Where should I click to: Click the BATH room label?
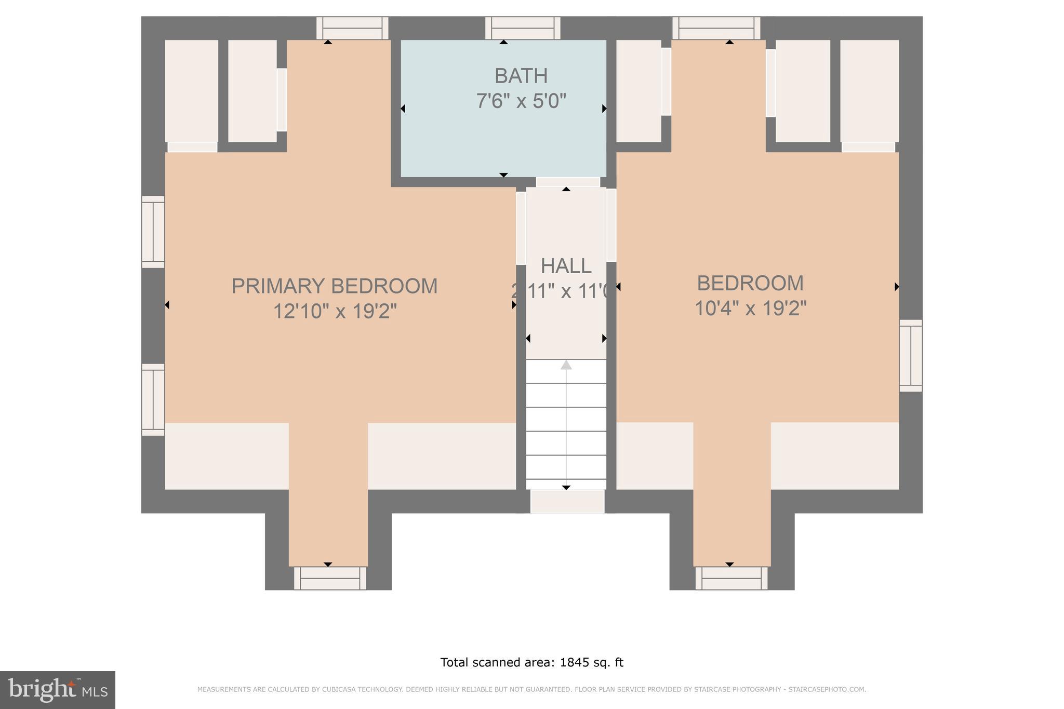[x=521, y=76]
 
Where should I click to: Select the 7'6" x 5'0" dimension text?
[x=521, y=101]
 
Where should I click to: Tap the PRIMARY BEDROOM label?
[x=334, y=286]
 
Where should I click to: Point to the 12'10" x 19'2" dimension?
[x=335, y=312]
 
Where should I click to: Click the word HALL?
[x=566, y=266]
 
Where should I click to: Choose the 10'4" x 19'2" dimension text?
[x=750, y=309]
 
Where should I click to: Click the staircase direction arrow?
[x=566, y=365]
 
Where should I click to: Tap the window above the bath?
[x=523, y=28]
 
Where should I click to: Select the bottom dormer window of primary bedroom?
[x=330, y=578]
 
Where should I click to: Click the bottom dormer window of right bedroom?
[x=731, y=578]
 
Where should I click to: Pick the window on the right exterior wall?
[x=910, y=356]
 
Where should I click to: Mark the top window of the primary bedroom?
[x=352, y=28]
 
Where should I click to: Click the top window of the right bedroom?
[x=716, y=28]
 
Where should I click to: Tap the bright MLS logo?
[x=58, y=690]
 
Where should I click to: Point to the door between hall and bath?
[x=567, y=182]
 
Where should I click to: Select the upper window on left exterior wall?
[x=153, y=232]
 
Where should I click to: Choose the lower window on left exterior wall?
[x=153, y=399]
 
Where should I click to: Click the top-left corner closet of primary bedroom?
[x=191, y=91]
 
